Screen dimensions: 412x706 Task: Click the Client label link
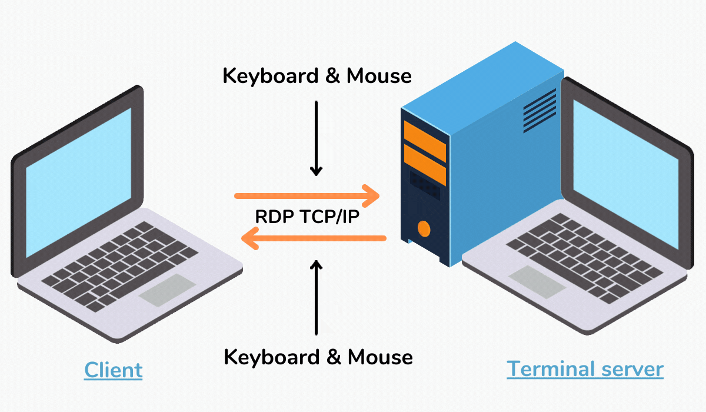[x=114, y=370]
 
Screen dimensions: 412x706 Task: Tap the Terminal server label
[x=585, y=369]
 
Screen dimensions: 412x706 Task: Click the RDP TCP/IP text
[x=307, y=216]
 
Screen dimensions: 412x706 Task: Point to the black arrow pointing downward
[x=317, y=139]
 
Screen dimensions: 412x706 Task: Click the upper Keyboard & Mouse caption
[x=317, y=76]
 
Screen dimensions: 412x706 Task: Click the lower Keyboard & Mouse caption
[x=318, y=357]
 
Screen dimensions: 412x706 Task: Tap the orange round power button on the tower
[x=423, y=228]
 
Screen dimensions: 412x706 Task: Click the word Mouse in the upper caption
[x=379, y=76]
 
